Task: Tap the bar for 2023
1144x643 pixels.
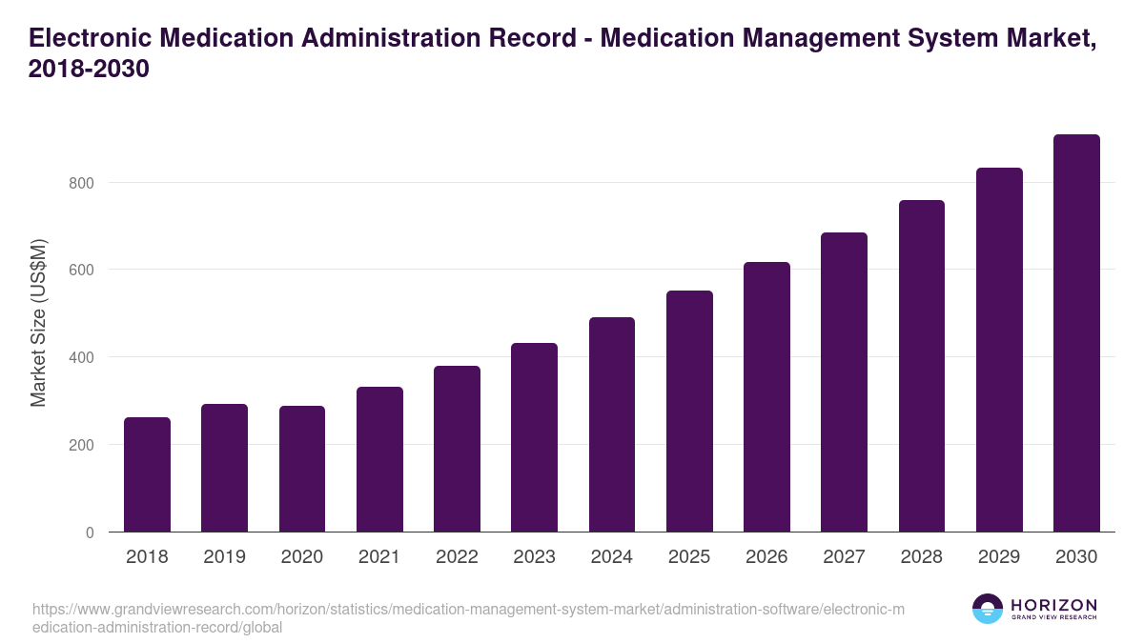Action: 534,437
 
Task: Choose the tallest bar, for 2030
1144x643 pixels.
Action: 1076,333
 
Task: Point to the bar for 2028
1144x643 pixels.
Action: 922,366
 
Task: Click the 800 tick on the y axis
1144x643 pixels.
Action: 82,183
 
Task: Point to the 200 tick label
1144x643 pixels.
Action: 82,445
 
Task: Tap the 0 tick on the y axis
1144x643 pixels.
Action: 90,532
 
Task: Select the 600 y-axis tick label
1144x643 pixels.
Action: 82,271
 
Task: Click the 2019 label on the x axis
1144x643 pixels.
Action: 224,557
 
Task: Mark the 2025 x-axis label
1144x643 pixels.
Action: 689,557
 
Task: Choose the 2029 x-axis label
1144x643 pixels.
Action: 999,557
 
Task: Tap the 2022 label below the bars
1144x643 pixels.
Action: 457,557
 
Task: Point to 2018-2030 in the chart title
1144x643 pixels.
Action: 90,70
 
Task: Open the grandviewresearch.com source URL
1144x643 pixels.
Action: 467,618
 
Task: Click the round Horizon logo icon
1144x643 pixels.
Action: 988,610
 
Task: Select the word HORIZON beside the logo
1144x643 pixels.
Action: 1054,605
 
